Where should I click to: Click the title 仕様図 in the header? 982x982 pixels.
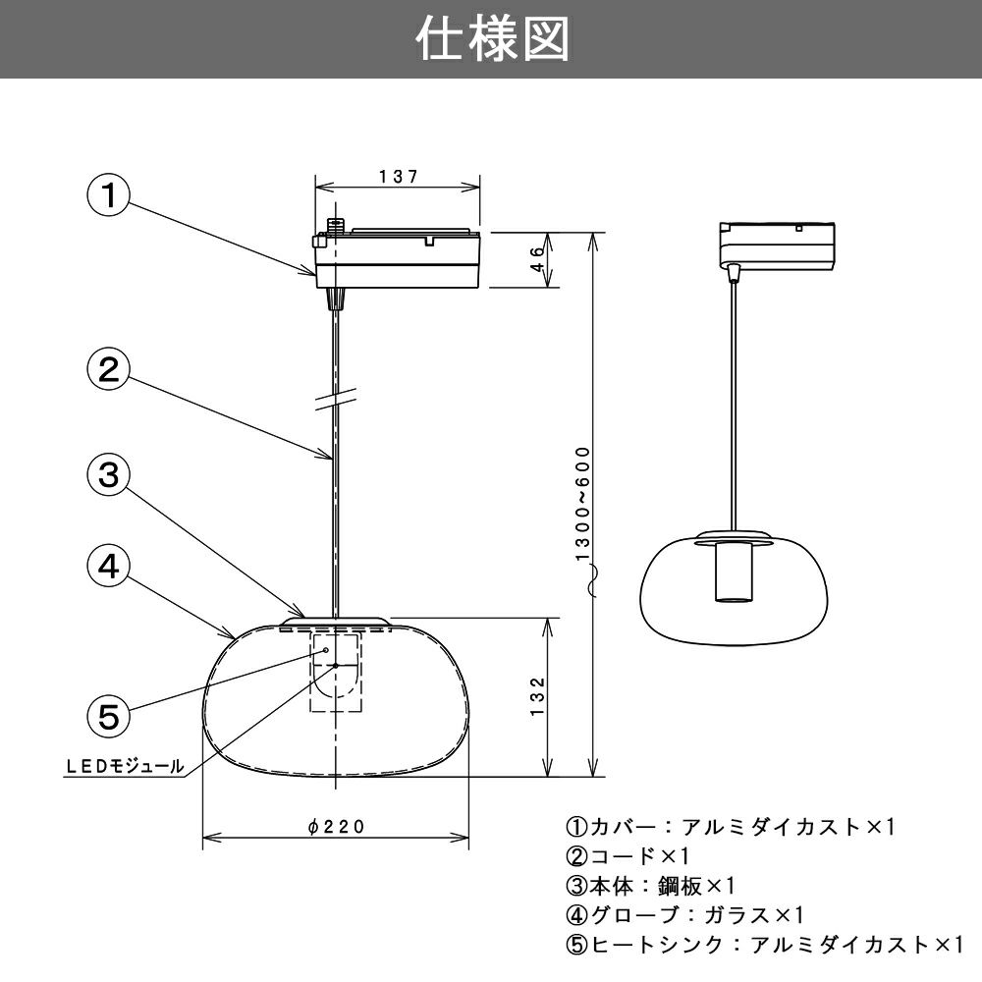[x=491, y=39]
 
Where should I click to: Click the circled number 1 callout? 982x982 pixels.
[x=108, y=194]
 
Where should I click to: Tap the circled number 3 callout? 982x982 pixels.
[x=108, y=475]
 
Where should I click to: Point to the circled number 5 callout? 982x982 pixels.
[x=108, y=715]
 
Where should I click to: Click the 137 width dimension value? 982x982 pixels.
[x=398, y=177]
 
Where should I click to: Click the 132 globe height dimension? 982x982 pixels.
[x=536, y=696]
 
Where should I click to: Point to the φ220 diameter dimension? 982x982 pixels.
[x=336, y=827]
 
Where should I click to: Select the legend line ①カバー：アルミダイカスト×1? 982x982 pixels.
[x=731, y=827]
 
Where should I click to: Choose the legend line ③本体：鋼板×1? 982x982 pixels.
[x=650, y=886]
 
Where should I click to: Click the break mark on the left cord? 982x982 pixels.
[x=336, y=401]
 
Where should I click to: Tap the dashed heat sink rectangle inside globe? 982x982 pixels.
[x=337, y=673]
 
